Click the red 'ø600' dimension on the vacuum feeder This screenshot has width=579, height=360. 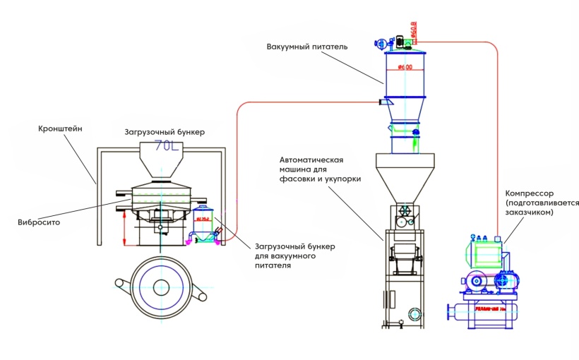[x=405, y=67]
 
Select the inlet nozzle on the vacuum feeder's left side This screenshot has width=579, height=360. [x=386, y=102]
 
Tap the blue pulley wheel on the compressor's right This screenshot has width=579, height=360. [x=506, y=281]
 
